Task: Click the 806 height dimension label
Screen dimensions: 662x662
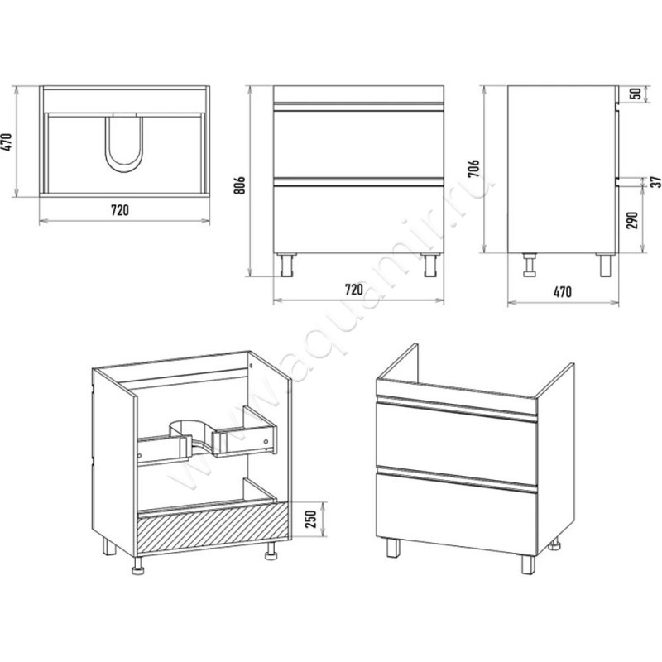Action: click(x=239, y=185)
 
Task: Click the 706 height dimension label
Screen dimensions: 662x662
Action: click(x=474, y=169)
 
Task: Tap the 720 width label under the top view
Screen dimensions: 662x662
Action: click(x=120, y=210)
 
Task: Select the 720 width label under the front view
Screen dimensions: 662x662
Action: click(x=354, y=289)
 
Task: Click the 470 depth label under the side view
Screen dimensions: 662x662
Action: click(x=563, y=291)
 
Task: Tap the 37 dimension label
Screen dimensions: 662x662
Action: click(x=655, y=182)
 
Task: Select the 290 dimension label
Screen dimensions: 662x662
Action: click(x=632, y=220)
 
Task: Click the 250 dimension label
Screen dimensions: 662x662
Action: click(x=310, y=520)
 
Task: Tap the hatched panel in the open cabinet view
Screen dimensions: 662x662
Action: click(x=213, y=529)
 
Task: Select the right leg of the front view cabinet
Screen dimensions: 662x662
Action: click(x=430, y=265)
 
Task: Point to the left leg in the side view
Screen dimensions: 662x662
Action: click(x=529, y=265)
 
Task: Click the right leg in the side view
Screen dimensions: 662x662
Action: click(x=605, y=265)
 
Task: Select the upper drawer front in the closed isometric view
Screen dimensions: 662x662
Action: click(x=457, y=439)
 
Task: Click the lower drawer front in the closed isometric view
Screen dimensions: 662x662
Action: click(x=457, y=514)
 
